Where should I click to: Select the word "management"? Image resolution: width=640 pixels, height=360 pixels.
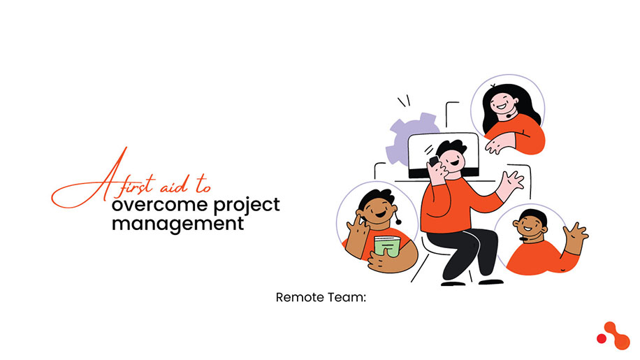tap(178, 224)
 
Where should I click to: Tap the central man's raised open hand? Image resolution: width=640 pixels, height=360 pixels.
tap(514, 182)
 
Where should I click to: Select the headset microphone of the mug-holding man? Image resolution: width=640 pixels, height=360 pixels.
tap(398, 222)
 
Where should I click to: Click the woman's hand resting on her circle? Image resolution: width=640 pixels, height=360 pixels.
tap(500, 144)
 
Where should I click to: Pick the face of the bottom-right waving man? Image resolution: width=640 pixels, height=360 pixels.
tap(528, 225)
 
